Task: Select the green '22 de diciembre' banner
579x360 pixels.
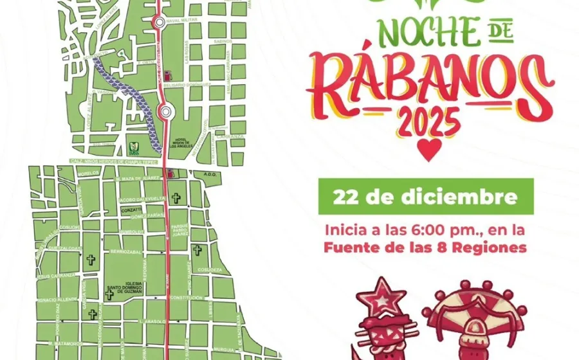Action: (x=426, y=196)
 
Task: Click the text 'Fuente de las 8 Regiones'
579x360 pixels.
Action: (x=426, y=247)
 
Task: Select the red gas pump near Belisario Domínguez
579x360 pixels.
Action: (x=168, y=74)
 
